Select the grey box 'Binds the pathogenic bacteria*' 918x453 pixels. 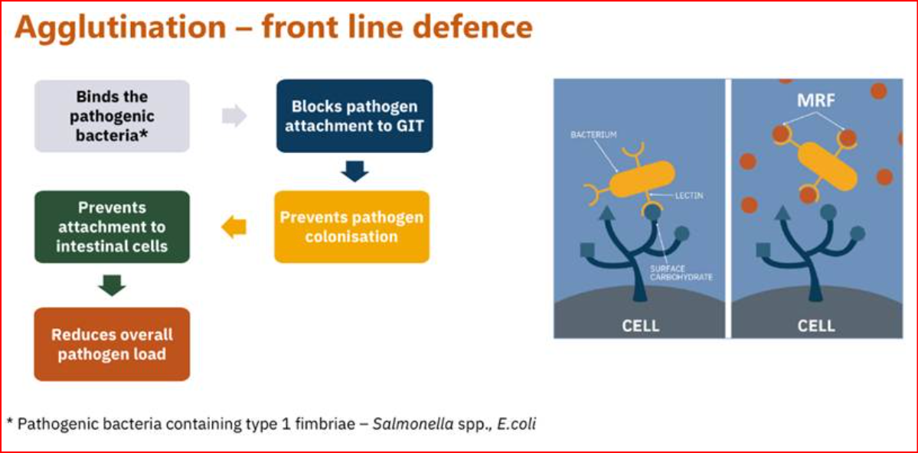pos(112,116)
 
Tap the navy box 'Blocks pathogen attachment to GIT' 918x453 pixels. pos(354,116)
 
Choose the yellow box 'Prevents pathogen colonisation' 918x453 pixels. pos(351,226)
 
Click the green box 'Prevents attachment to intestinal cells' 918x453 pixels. pos(112,226)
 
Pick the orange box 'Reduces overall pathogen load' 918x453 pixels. pos(112,344)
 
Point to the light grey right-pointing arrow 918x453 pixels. pos(234,116)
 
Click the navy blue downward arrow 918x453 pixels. pos(354,171)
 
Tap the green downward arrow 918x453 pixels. pos(112,285)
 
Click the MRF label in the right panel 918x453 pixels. pos(817,100)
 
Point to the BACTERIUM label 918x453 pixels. pos(593,135)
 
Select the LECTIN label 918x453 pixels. pos(688,196)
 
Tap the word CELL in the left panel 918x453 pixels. pos(640,325)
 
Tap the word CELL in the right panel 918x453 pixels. pos(816,325)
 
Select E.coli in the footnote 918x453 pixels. pos(516,423)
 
